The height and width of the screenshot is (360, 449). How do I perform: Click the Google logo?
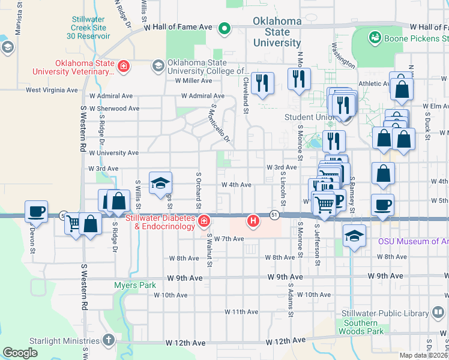pyautogui.click(x=20, y=353)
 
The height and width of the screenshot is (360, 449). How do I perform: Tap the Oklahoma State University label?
pyautogui.click(x=277, y=32)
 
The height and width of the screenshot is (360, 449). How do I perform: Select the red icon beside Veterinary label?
pyautogui.click(x=124, y=66)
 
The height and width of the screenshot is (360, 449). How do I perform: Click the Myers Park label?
pyautogui.click(x=135, y=285)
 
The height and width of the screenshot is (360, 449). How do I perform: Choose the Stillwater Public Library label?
pyautogui.click(x=388, y=314)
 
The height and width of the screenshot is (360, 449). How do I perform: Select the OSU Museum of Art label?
pyautogui.click(x=412, y=242)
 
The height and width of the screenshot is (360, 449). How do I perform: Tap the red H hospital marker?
pyautogui.click(x=253, y=221)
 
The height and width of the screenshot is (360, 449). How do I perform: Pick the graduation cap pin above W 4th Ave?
pyautogui.click(x=160, y=183)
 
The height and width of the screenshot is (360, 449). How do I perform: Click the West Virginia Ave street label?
pyautogui.click(x=52, y=91)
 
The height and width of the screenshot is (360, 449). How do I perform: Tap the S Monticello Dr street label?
pyautogui.click(x=220, y=121)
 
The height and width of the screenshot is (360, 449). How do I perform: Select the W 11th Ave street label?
pyautogui.click(x=241, y=312)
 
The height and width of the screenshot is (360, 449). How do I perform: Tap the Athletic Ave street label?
pyautogui.click(x=375, y=84)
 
